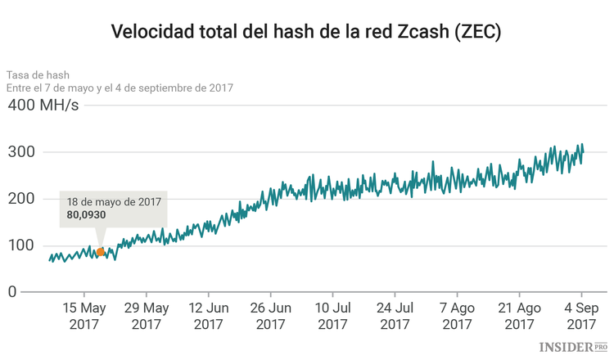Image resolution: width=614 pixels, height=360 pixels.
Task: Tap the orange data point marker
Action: tap(100, 252)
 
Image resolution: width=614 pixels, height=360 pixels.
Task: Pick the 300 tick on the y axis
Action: tap(23, 152)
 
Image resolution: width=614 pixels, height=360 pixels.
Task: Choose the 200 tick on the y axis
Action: tap(23, 199)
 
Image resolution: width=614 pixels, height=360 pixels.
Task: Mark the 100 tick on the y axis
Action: tap(23, 245)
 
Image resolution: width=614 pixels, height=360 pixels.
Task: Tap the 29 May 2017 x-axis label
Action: tap(146, 316)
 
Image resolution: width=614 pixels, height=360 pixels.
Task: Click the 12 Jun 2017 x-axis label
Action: tap(208, 316)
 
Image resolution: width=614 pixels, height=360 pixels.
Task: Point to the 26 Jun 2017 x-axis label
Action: tap(270, 316)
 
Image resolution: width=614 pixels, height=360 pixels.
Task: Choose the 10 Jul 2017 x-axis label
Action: tap(332, 316)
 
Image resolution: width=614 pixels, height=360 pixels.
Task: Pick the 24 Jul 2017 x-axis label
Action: tap(395, 316)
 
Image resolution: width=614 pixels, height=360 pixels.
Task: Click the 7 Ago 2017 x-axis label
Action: tap(457, 316)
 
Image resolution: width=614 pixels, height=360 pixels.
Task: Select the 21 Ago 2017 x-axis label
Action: tap(519, 316)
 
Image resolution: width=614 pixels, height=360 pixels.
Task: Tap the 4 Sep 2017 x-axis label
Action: tap(581, 316)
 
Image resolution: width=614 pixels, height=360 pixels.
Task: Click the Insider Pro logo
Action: tap(572, 348)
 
